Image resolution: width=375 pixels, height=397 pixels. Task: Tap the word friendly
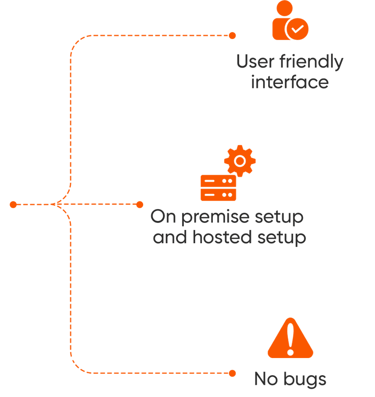(312, 62)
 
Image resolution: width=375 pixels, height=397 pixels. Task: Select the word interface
(289, 83)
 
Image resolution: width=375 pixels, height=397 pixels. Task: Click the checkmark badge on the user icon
(298, 29)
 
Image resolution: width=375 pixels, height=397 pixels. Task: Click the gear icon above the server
(240, 161)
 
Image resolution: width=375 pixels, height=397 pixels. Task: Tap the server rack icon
(219, 188)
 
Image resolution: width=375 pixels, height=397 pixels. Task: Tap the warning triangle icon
(290, 339)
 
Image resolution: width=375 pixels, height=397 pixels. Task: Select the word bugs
(304, 379)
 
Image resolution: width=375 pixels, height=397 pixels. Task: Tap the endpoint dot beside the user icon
(232, 35)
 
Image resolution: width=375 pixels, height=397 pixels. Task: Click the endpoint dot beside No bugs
(232, 373)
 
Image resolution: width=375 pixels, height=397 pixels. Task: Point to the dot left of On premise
(139, 205)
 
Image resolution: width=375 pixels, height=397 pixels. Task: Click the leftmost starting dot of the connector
(13, 205)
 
